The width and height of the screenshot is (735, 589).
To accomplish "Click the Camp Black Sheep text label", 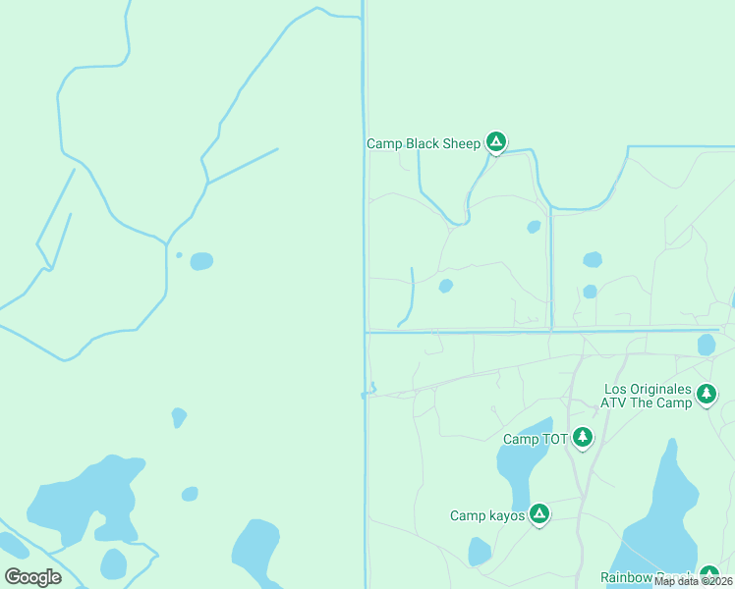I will (424, 143).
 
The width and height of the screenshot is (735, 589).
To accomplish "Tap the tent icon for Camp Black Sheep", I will (497, 143).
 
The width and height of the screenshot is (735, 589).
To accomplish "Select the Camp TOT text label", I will (536, 439).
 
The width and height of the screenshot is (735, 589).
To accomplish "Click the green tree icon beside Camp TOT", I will (583, 437).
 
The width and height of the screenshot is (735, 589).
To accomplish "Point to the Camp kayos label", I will (487, 515).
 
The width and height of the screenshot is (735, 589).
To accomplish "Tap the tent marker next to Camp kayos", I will (538, 513).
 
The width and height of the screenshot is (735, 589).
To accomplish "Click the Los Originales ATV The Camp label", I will (648, 396).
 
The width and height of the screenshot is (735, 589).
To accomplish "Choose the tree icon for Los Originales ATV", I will (706, 395).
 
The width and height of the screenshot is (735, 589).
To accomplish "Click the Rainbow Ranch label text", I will (649, 577).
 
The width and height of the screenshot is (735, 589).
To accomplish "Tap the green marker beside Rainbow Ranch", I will (709, 575).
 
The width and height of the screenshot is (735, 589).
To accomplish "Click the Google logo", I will (32, 576).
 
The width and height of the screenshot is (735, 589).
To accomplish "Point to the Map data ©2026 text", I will (693, 581).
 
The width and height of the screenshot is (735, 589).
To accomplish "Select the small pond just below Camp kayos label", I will (479, 553).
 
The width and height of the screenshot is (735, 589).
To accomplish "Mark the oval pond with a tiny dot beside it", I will (201, 261).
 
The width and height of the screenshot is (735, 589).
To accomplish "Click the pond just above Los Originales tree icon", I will (706, 345).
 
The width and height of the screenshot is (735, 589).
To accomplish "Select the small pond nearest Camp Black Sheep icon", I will (534, 227).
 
